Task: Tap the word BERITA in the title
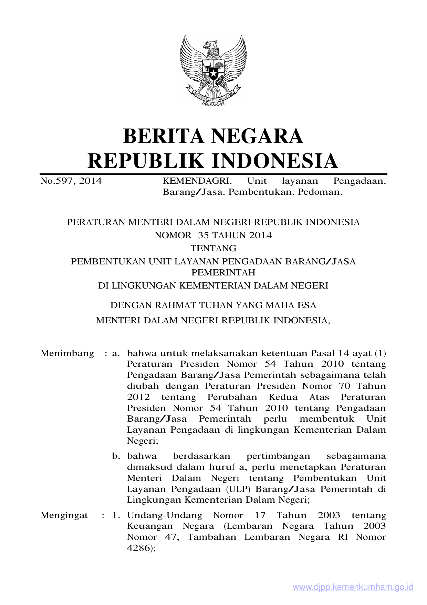(163, 136)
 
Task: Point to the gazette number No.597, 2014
(71, 181)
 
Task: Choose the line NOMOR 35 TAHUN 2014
(213, 235)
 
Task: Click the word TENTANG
(213, 249)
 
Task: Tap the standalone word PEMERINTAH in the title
(223, 273)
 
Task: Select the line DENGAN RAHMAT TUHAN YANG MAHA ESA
(213, 305)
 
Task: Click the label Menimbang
(67, 353)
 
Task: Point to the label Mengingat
(64, 515)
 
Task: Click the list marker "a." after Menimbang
(116, 353)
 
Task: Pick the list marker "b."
(116, 456)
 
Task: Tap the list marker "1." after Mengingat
(116, 515)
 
